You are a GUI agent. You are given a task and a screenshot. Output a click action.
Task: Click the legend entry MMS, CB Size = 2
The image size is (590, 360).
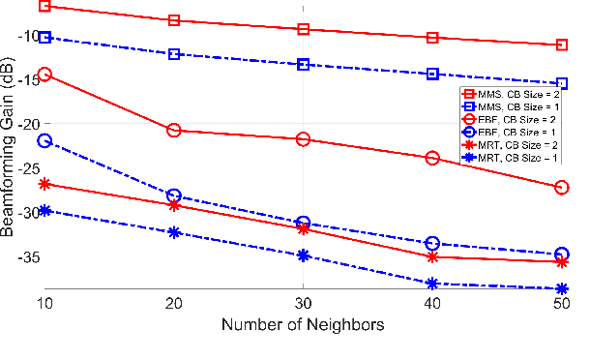click(x=515, y=94)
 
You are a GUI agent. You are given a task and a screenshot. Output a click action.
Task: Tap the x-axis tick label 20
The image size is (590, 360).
click(x=174, y=304)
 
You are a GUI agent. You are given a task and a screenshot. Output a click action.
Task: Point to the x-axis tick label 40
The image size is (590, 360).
click(x=432, y=304)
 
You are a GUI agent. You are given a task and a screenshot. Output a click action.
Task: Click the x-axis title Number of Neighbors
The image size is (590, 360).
click(x=303, y=326)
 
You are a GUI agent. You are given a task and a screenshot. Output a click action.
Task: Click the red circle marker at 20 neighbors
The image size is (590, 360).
click(x=174, y=130)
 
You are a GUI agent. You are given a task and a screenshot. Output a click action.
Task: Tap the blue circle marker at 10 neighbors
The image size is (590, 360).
click(x=44, y=141)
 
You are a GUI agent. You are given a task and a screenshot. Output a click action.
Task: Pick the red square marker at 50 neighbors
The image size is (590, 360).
click(x=562, y=45)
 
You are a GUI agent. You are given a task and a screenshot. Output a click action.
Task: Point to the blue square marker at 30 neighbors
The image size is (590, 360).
click(x=303, y=65)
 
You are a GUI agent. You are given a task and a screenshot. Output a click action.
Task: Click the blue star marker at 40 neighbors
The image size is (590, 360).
click(x=432, y=284)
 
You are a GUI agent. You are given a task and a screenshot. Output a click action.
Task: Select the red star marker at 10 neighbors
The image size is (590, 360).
click(x=44, y=184)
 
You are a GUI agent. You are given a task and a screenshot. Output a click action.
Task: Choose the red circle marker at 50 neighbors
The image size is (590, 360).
click(x=562, y=187)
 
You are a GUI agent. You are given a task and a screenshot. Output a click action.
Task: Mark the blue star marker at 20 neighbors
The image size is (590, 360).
click(x=174, y=232)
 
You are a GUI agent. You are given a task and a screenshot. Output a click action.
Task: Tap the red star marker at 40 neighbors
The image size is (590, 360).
click(x=432, y=256)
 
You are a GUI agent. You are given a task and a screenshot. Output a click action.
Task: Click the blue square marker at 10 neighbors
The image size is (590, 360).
click(x=44, y=37)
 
